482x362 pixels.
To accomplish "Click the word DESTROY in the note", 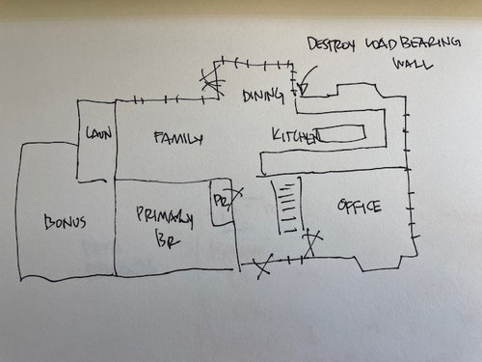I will coord(331,44).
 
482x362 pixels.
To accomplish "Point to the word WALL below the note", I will coord(409,67).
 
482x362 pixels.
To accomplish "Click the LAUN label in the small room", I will coord(97,134).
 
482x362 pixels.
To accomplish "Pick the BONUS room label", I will coord(65,222).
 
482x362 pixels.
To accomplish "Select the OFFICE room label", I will coord(360,207).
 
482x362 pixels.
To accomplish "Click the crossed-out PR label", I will coord(221,202).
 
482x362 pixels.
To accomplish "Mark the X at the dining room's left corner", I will coord(209,84).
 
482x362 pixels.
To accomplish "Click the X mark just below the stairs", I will coord(310,240).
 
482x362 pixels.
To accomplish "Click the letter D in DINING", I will coord(248,95).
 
